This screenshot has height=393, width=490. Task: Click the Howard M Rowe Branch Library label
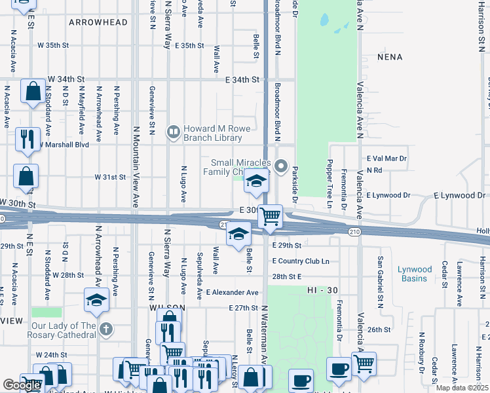coord(212,133)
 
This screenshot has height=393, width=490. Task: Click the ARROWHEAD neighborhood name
coord(98,22)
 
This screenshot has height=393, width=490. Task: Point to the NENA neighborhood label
coord(390,57)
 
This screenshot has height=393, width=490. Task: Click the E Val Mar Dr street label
coord(386,159)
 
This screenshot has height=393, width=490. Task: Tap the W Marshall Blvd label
coord(64,145)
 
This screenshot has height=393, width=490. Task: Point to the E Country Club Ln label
coord(300,261)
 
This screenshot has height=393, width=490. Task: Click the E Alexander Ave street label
coord(232,293)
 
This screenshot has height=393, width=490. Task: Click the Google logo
coord(22,385)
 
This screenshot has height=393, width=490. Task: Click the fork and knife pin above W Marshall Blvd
coord(28,138)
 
